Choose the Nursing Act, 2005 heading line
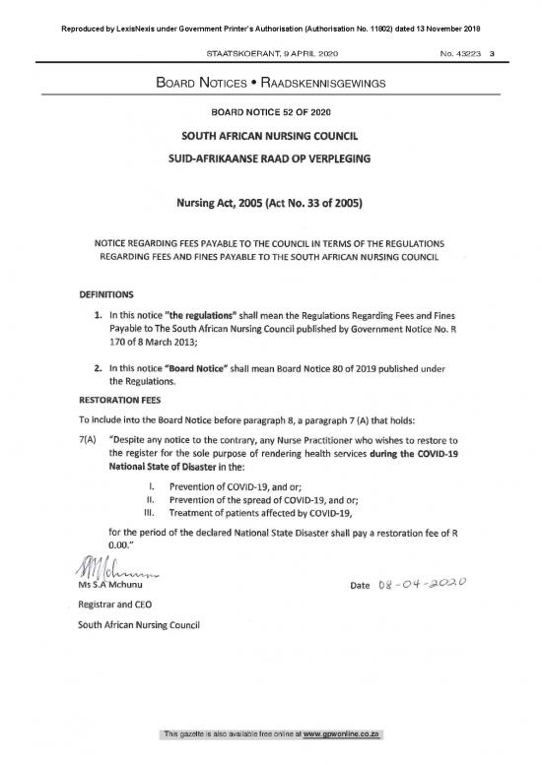tap(270, 204)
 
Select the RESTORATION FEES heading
tap(122, 401)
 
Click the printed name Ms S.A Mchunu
tap(113, 589)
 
